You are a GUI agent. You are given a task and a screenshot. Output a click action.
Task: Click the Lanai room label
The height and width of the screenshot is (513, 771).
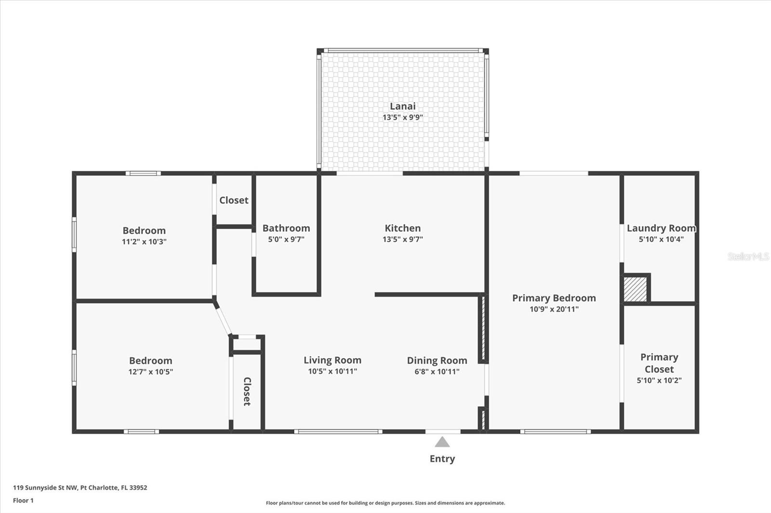(x=402, y=106)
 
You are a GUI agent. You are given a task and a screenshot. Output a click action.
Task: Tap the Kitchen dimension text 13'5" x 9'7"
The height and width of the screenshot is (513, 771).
(x=402, y=239)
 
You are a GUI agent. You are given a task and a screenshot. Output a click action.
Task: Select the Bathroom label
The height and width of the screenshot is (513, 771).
(x=286, y=228)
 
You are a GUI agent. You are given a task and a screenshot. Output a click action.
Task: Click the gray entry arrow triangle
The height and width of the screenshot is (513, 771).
(x=442, y=442)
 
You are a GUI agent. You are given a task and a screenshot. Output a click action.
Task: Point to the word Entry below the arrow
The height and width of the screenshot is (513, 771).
(x=442, y=459)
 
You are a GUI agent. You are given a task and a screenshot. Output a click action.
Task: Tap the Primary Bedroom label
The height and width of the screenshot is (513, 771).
(x=554, y=298)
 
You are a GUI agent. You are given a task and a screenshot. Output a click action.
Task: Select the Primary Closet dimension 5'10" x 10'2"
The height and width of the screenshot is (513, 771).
(x=659, y=380)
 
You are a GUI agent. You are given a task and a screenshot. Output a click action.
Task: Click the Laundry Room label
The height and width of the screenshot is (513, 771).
(x=661, y=228)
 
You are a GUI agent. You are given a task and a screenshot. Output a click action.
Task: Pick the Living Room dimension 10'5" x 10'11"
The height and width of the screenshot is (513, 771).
(x=332, y=371)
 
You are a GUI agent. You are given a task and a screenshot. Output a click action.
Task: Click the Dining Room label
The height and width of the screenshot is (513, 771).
(x=437, y=360)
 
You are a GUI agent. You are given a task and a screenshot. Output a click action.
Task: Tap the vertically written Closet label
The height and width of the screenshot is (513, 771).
(x=247, y=391)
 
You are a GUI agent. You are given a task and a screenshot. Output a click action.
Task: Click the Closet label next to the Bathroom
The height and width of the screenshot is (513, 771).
(x=234, y=200)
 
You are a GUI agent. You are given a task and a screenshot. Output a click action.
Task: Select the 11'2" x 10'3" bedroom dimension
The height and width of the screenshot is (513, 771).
(x=144, y=242)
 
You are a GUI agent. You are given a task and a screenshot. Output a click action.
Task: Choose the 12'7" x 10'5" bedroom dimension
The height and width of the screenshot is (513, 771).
(x=150, y=372)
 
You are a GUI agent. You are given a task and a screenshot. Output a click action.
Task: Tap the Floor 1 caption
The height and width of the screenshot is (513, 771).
(x=23, y=500)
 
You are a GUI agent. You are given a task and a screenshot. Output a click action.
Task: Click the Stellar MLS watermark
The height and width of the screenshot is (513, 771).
(x=748, y=256)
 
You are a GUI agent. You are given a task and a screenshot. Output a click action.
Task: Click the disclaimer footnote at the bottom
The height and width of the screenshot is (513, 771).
(x=385, y=503)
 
